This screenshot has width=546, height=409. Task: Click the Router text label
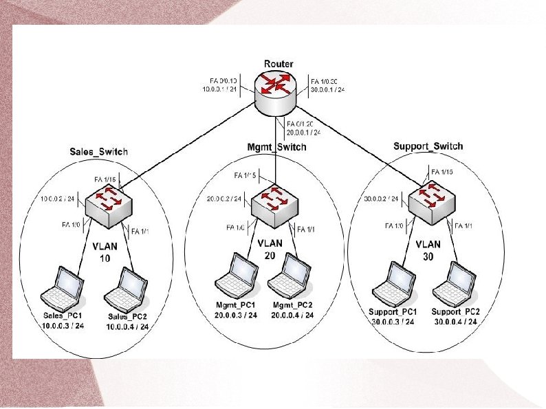click(279, 64)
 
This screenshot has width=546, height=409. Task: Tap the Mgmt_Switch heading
click(276, 147)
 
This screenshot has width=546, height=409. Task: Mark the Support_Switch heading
click(428, 146)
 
